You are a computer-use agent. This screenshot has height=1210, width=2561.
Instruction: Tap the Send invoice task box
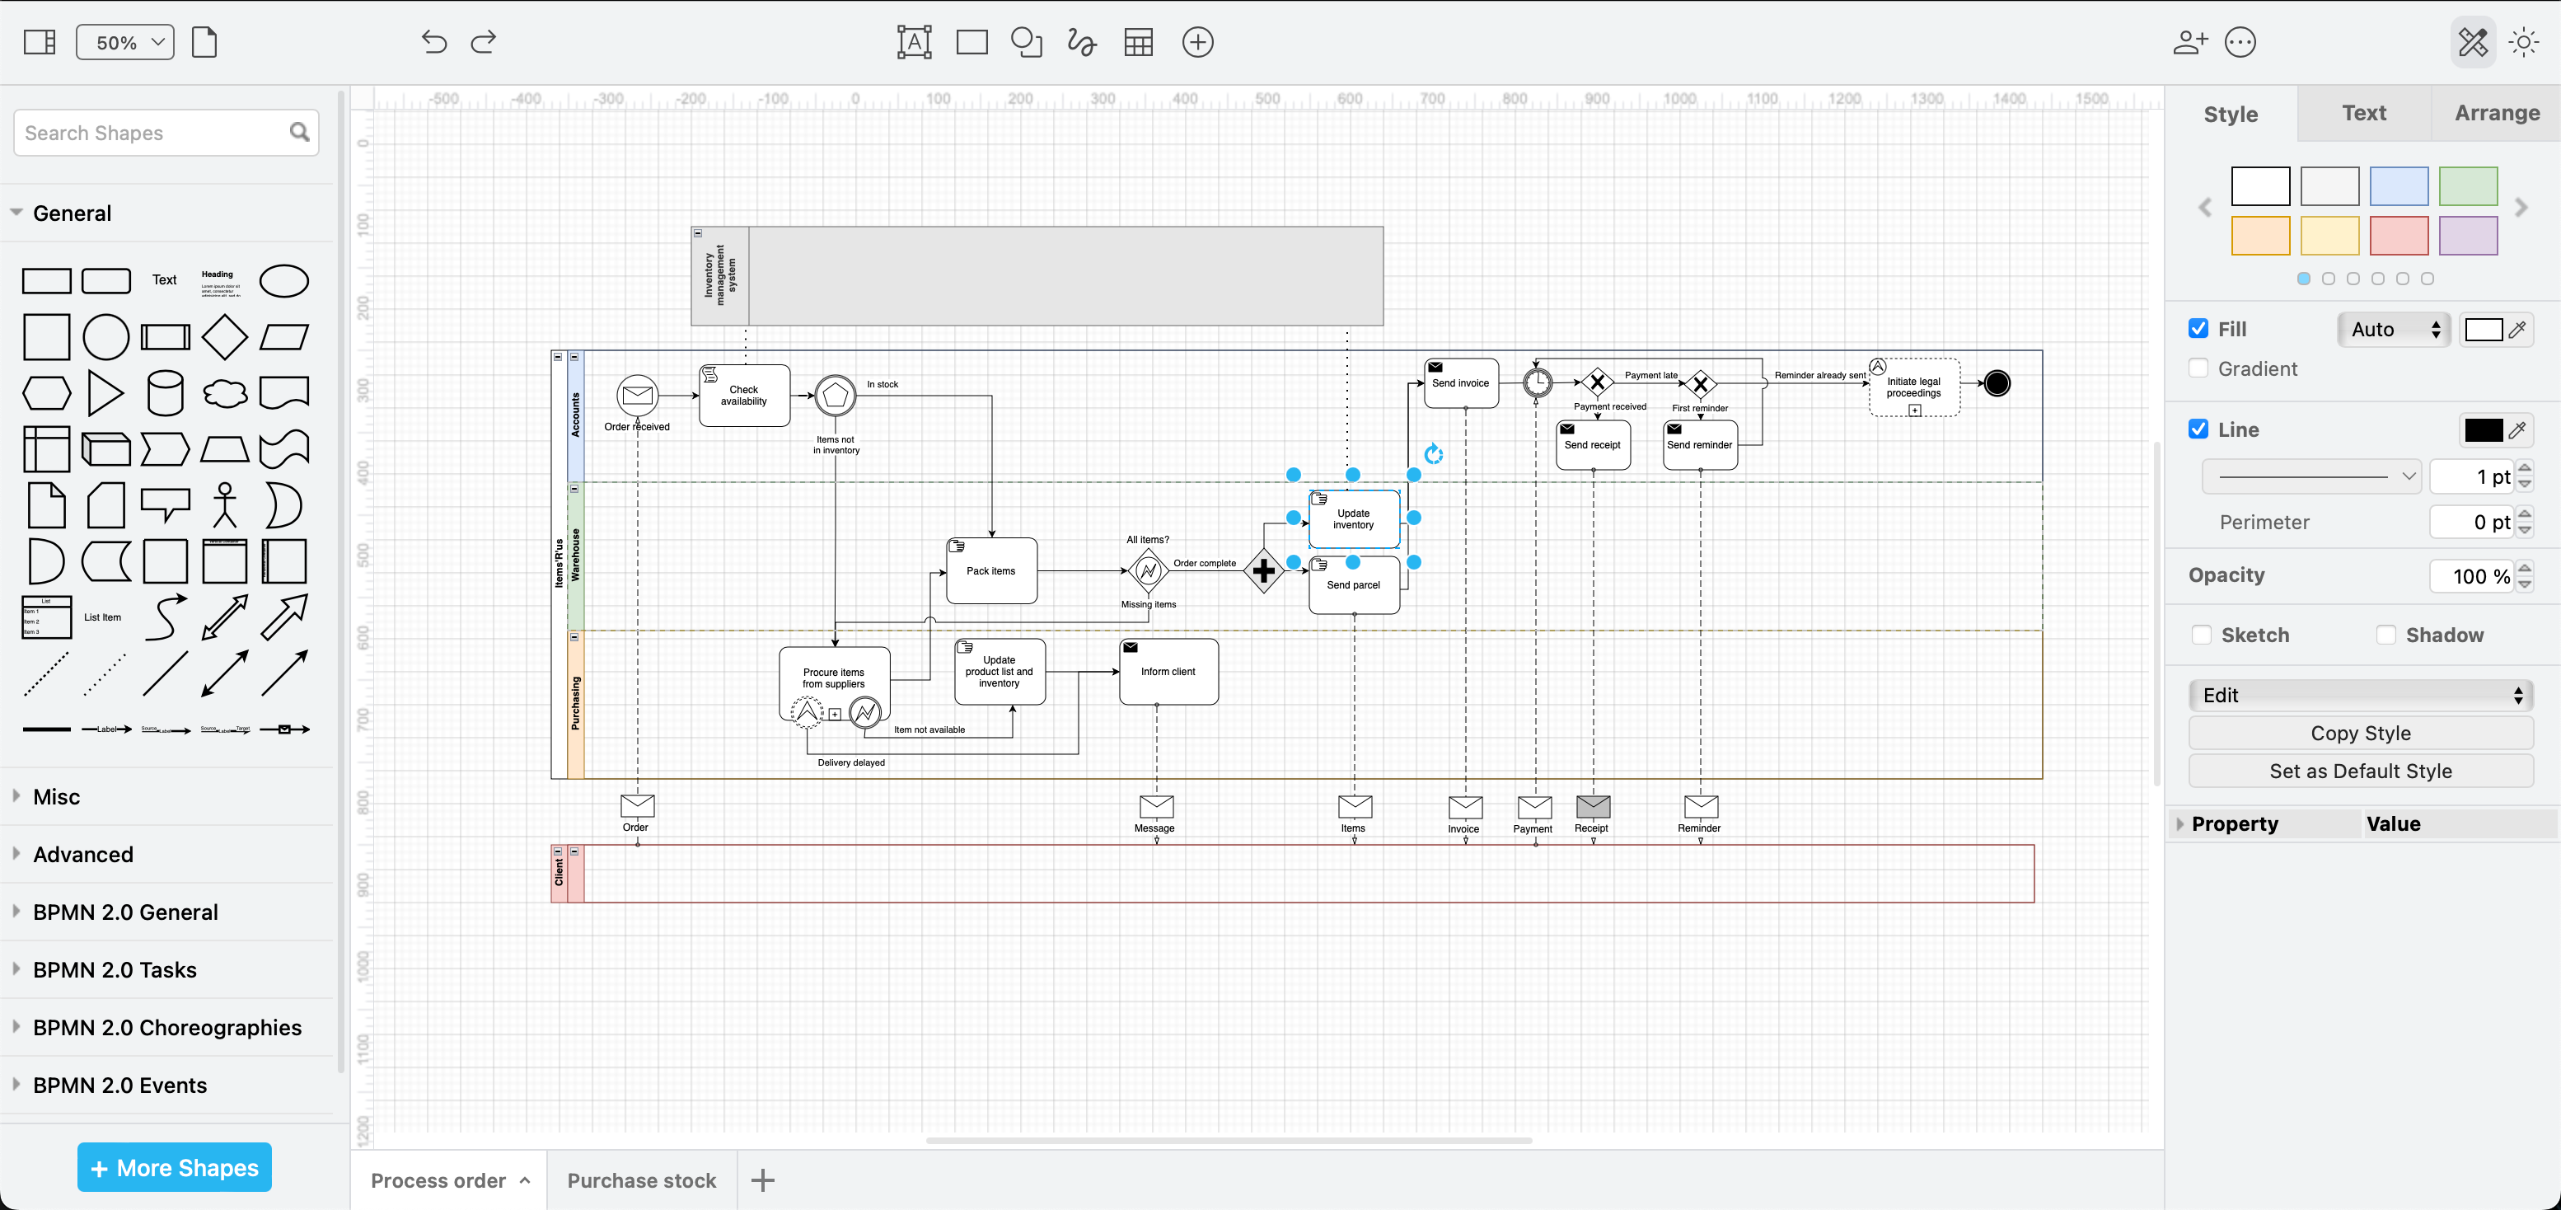(1459, 384)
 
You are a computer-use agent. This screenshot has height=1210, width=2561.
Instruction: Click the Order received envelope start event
(637, 396)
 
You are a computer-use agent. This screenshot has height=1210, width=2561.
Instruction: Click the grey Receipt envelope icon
(1593, 806)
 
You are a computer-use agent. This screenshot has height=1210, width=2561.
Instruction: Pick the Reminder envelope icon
(1700, 806)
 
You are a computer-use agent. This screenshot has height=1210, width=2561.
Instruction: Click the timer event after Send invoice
(1537, 382)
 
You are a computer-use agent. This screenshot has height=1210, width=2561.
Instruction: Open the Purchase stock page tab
(641, 1180)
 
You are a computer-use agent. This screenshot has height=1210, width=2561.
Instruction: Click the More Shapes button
(175, 1167)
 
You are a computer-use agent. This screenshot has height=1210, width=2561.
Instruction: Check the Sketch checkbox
(2201, 635)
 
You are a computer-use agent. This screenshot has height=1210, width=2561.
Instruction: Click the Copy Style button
(2360, 734)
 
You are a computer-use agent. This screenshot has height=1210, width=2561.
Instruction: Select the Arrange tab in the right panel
(2497, 114)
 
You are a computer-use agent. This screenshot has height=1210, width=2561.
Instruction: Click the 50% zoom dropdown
(125, 43)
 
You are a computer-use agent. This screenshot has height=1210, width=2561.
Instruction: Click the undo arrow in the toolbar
(433, 43)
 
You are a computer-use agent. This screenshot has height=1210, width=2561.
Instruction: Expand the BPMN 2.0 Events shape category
(119, 1086)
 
